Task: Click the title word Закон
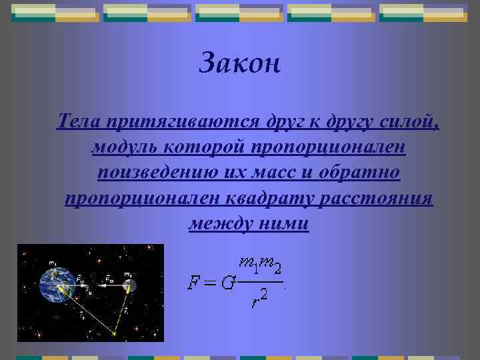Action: [241, 63]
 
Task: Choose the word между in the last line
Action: [219, 223]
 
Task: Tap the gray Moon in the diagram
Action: [129, 285]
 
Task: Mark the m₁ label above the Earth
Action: [52, 261]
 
